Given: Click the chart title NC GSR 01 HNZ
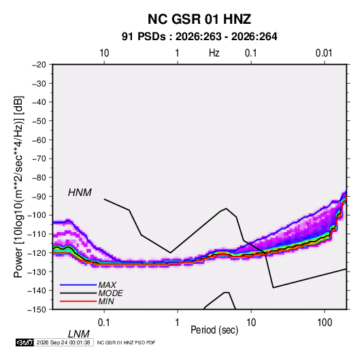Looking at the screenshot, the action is point(199,19).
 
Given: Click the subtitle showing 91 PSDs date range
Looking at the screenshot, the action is point(199,37).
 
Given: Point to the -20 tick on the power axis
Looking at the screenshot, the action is point(39,65).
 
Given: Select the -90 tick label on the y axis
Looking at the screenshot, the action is point(39,196).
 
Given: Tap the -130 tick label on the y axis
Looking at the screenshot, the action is point(37,272).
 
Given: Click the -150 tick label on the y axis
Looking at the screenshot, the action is point(37,310).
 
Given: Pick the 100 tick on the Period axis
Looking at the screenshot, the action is point(325,323).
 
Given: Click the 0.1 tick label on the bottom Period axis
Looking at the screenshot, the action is point(103,323).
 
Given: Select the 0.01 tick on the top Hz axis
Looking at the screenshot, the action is point(324,53).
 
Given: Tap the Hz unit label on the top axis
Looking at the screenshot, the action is point(214,53).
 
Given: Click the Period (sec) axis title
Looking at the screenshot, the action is point(214,330).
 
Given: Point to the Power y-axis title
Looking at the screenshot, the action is point(18,187).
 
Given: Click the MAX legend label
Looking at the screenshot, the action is point(107,285).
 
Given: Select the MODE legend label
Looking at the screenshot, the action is point(110,293).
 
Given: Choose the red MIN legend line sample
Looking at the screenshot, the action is point(78,301).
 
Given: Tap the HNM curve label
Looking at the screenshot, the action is point(80,193).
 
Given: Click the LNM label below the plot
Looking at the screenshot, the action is point(78,334).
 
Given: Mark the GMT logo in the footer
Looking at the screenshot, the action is point(25,342).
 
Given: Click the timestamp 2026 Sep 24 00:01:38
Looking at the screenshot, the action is point(63,342).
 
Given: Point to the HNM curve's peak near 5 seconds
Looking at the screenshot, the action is point(227,208).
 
